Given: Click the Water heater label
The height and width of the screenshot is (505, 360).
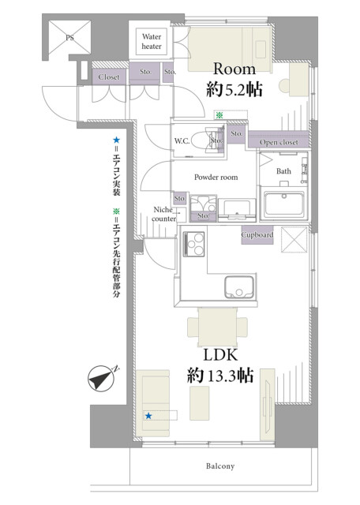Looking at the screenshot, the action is [x=152, y=42].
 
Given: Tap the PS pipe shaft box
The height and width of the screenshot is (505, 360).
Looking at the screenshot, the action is [x=69, y=37].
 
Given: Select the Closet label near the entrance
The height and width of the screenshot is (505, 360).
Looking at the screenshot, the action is [x=109, y=77].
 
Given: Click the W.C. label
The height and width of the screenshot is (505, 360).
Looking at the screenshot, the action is [x=182, y=140].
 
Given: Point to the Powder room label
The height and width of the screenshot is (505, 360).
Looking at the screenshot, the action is [x=216, y=177].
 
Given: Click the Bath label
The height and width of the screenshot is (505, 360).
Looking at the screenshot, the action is [x=283, y=171].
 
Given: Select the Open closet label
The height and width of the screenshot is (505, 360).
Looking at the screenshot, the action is [x=279, y=142].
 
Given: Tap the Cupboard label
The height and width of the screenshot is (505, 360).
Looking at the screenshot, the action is [x=257, y=235].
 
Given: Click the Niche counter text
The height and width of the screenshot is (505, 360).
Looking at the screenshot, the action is [x=163, y=214].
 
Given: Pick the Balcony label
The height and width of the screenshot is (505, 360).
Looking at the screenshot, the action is [x=220, y=466].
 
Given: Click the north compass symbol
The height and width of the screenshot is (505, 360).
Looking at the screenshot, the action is [x=102, y=378].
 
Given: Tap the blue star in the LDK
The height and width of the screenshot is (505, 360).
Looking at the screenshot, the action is [x=148, y=416].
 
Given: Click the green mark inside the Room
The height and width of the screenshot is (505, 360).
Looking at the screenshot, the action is [x=219, y=115].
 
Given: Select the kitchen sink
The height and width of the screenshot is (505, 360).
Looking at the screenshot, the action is [x=239, y=287].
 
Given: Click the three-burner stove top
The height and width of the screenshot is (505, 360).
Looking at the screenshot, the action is [x=193, y=244].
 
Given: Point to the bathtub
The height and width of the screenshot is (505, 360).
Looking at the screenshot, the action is [x=284, y=205].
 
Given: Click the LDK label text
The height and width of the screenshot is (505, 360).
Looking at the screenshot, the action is [x=221, y=355].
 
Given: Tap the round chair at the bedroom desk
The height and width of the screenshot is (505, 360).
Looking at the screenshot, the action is [x=284, y=86].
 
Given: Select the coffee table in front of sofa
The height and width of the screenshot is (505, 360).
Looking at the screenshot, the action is [x=199, y=403].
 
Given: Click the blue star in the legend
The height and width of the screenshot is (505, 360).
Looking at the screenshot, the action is [x=116, y=140].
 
